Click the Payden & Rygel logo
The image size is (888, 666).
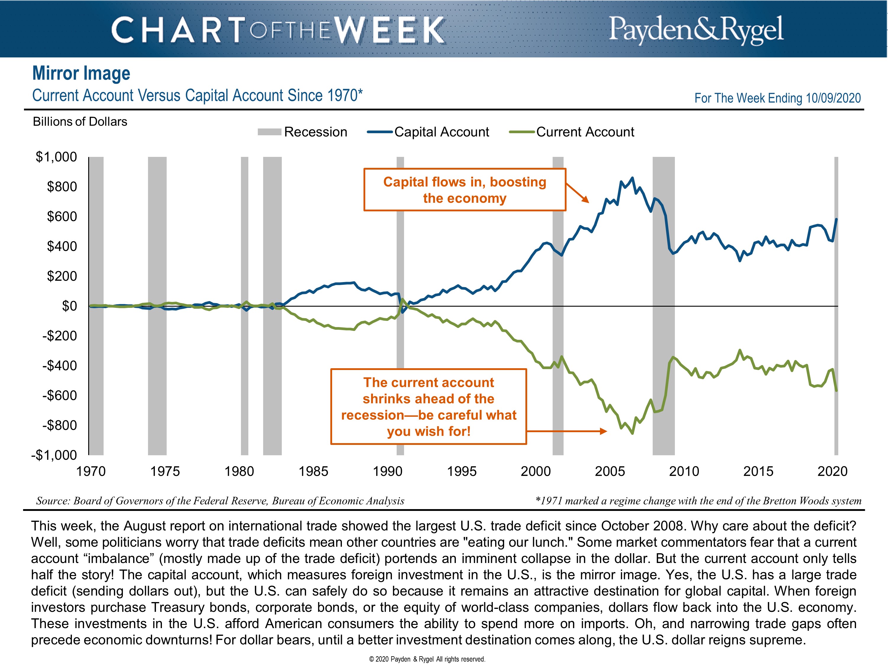coord(696,29)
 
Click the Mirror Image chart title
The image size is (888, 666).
coord(81,73)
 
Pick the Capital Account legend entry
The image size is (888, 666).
coord(428,132)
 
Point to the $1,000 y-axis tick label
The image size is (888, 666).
coord(56,157)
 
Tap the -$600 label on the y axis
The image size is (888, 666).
coord(59,395)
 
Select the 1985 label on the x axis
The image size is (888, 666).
coord(313,471)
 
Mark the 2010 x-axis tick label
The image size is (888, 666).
coord(684,471)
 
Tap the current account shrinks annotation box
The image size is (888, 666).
coord(428,407)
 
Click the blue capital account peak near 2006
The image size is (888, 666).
coord(632,178)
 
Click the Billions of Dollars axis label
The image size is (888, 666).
coord(80,122)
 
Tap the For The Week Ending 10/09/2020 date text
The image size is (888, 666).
coord(777,98)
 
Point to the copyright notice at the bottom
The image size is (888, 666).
coord(427,659)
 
